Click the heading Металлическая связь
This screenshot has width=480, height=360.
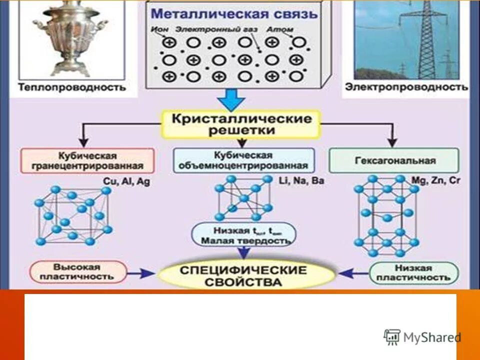234,13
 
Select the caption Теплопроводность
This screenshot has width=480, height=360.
71,87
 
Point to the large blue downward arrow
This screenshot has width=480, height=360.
231,99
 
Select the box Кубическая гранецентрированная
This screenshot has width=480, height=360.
87,160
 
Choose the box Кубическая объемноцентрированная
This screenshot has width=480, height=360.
243,160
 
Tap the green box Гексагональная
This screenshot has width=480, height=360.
394,160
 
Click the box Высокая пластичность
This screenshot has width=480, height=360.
78,271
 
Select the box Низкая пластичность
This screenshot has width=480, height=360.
413,272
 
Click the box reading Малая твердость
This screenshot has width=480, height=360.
243,235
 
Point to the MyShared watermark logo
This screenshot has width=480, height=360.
422,337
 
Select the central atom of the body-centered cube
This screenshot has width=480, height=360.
243,198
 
